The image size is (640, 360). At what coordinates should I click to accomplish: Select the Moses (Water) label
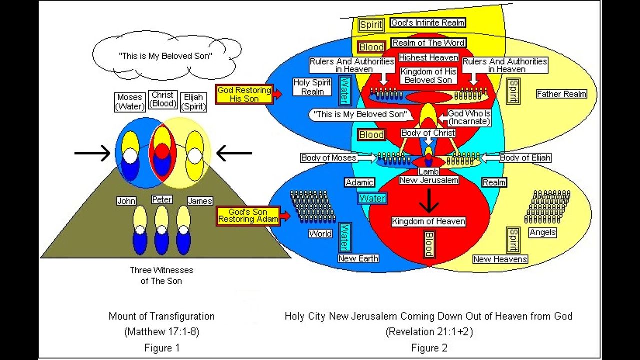(x=130, y=102)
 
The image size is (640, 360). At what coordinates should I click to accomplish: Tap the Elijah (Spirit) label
(x=194, y=102)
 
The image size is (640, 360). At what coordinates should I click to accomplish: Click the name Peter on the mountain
(x=162, y=199)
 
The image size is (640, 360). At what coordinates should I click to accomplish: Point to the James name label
(x=200, y=201)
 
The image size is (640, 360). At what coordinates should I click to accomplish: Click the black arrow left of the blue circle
(x=92, y=153)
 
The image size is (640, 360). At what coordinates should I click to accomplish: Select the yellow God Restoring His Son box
(x=244, y=94)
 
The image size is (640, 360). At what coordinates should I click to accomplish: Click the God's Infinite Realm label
(x=428, y=23)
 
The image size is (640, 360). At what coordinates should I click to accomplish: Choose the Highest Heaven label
(x=428, y=58)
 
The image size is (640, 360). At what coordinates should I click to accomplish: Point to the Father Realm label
(x=561, y=94)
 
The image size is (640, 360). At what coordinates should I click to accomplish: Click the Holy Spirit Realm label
(x=312, y=87)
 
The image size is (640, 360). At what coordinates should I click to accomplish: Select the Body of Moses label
(x=329, y=158)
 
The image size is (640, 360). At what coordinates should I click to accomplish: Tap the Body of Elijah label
(x=525, y=158)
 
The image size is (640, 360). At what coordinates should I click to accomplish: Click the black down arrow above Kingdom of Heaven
(x=429, y=201)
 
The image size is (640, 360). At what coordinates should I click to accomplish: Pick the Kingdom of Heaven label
(x=428, y=221)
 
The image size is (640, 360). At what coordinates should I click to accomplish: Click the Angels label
(x=542, y=232)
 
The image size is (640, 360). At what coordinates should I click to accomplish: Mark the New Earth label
(x=358, y=258)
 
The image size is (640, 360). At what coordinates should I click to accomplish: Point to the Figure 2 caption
(x=429, y=348)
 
